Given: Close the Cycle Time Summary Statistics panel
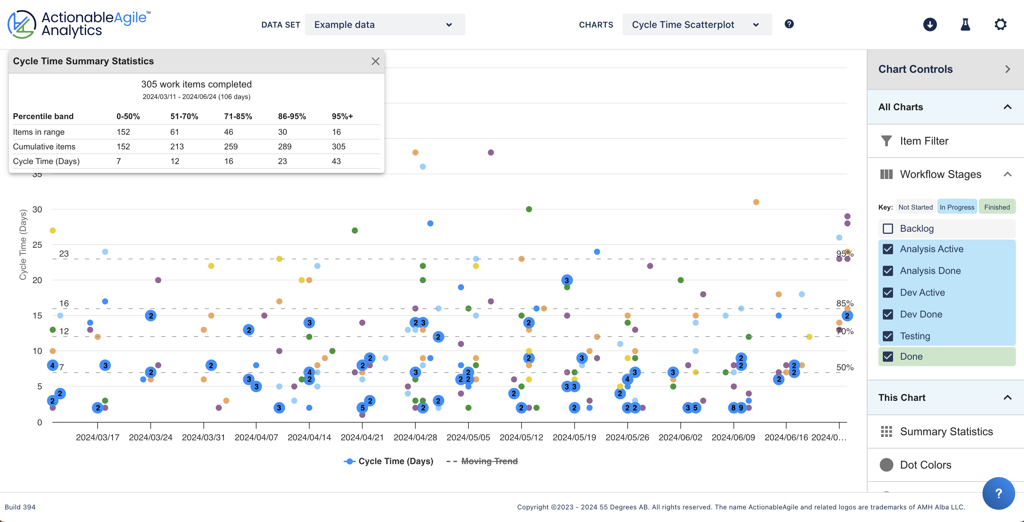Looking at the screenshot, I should point(375,61).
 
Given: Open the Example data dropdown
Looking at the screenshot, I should point(384,25).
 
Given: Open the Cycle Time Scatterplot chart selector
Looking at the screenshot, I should point(696,25).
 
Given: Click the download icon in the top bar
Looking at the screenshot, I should point(929,25).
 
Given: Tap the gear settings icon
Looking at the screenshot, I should point(1000,25).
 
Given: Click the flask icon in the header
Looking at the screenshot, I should point(965,25).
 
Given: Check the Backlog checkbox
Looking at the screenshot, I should point(888,229).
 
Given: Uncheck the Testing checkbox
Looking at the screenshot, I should point(888,336).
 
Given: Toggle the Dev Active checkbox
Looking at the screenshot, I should point(888,293).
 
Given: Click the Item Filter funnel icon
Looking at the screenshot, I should point(886,141).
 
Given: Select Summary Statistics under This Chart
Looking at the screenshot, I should point(946,432).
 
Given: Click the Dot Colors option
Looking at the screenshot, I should point(925,465).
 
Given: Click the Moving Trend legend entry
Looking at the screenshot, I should point(489,461).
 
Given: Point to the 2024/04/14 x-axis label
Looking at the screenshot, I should point(309,437).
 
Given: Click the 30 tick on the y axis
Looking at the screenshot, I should point(37,210).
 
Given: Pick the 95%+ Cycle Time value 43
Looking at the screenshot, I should point(336,161).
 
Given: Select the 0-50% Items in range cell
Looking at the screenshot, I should point(123,132).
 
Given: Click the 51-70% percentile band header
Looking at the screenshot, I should point(184,116).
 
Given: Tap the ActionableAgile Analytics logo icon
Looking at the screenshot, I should point(21,25).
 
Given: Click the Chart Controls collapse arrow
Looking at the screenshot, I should point(1007,69).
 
